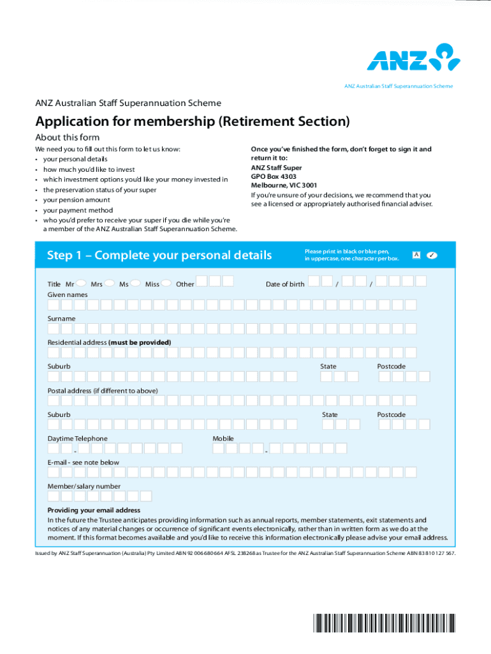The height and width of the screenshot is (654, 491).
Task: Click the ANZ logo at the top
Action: (413, 57)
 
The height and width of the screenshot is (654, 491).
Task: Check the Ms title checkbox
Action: (135, 283)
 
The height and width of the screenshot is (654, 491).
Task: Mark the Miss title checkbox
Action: (166, 283)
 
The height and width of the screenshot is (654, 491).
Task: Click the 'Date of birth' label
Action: (284, 284)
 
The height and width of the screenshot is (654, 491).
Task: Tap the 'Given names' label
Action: (68, 294)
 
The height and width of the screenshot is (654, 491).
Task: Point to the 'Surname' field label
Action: (61, 318)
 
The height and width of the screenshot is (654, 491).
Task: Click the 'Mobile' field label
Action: (223, 439)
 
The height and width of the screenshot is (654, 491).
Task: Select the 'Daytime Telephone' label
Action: (77, 439)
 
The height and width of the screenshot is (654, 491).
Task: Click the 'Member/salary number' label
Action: (84, 486)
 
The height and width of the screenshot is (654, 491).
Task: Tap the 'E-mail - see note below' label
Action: (83, 462)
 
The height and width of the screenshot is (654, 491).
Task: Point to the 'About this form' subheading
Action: (67, 137)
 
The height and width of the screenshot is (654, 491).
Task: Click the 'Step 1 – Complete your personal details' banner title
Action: (159, 255)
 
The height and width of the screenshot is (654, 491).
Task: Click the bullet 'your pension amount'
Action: (77, 200)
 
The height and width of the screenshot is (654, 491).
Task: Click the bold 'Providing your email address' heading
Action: (94, 510)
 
